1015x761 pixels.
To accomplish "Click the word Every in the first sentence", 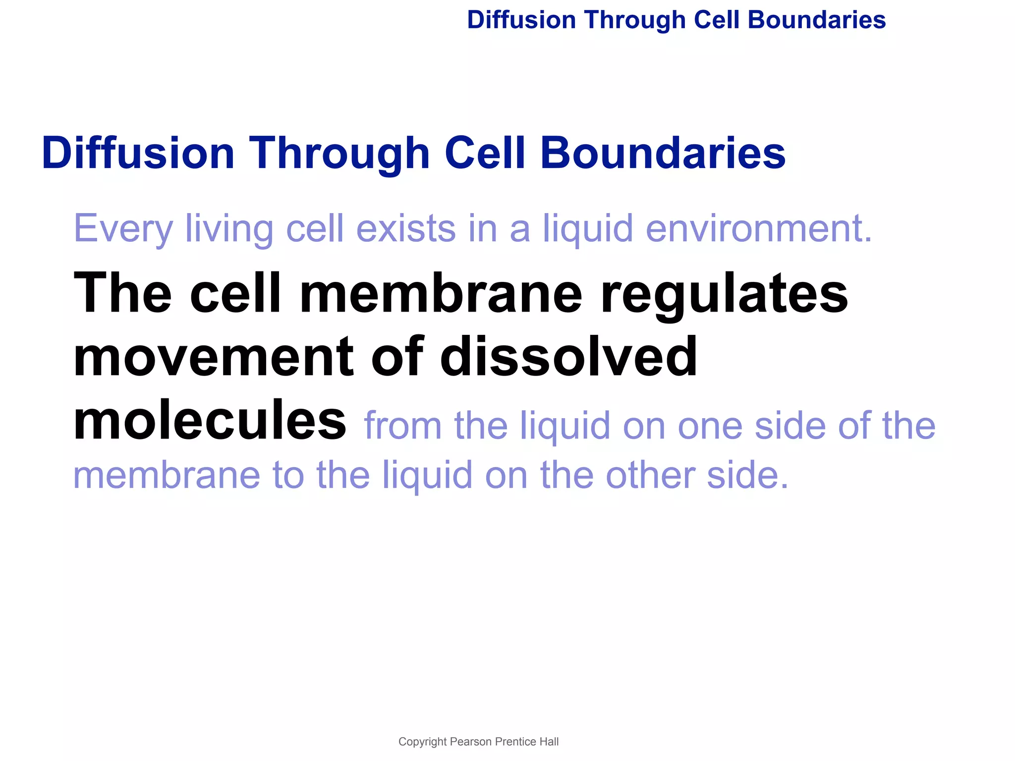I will pos(123,229).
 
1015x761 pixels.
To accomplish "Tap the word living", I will pos(228,229).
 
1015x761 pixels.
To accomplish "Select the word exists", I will pos(405,229).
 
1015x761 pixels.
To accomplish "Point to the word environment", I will pos(758,229).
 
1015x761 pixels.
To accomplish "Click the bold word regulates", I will pos(724,295).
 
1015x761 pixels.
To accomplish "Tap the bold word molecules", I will pos(210,420).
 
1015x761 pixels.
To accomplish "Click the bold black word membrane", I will pos(441,295).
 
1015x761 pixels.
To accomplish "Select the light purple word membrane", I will pos(167,475).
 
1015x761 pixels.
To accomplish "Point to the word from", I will pos(402,426).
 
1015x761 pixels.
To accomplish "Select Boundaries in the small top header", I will pos(816,20).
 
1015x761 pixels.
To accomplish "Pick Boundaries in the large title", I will pos(663,154).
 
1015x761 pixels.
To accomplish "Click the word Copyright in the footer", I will pos(422,742).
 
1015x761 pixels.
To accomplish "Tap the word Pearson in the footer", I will pos(471,742).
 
